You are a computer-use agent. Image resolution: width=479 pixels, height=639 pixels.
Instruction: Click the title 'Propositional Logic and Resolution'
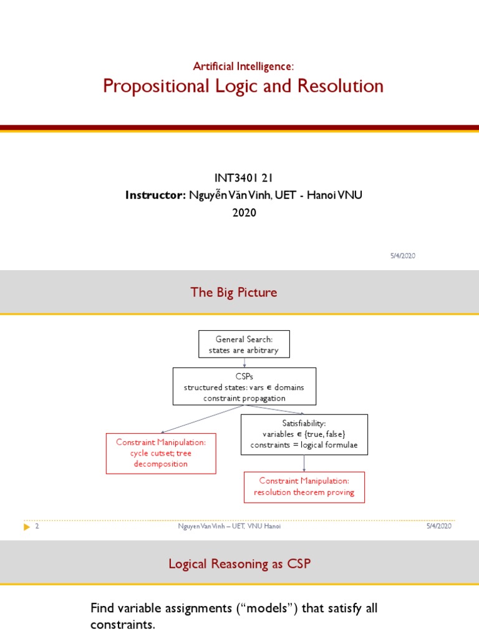click(243, 86)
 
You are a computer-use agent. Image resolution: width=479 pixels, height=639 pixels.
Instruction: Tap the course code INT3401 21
click(244, 178)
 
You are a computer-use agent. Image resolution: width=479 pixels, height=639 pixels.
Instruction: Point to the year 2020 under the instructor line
click(244, 213)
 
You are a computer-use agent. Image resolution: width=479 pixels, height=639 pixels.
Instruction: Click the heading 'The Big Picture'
click(234, 292)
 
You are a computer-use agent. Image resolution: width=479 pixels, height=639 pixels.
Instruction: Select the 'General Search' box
click(244, 344)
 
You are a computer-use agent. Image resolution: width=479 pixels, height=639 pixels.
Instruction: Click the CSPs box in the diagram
click(244, 387)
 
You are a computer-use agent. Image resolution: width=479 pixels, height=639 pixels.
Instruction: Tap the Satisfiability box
click(304, 434)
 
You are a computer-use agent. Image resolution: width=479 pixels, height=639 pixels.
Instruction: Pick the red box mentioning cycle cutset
click(161, 453)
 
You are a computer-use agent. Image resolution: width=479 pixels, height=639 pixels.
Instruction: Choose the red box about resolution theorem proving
click(304, 487)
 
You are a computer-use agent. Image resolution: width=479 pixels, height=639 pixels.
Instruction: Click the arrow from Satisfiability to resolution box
click(304, 463)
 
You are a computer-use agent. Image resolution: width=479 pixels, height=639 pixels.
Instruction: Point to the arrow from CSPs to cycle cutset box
click(200, 419)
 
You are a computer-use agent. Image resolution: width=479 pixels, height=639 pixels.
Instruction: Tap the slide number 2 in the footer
click(37, 527)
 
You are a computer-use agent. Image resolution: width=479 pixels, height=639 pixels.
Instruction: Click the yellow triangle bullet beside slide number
click(26, 527)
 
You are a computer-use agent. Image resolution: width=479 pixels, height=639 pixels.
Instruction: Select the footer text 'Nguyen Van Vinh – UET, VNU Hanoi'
click(230, 527)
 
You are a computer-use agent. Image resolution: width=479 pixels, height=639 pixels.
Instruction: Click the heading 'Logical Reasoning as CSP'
click(239, 564)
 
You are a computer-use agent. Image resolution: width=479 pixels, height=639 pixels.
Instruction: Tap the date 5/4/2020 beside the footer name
click(438, 526)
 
